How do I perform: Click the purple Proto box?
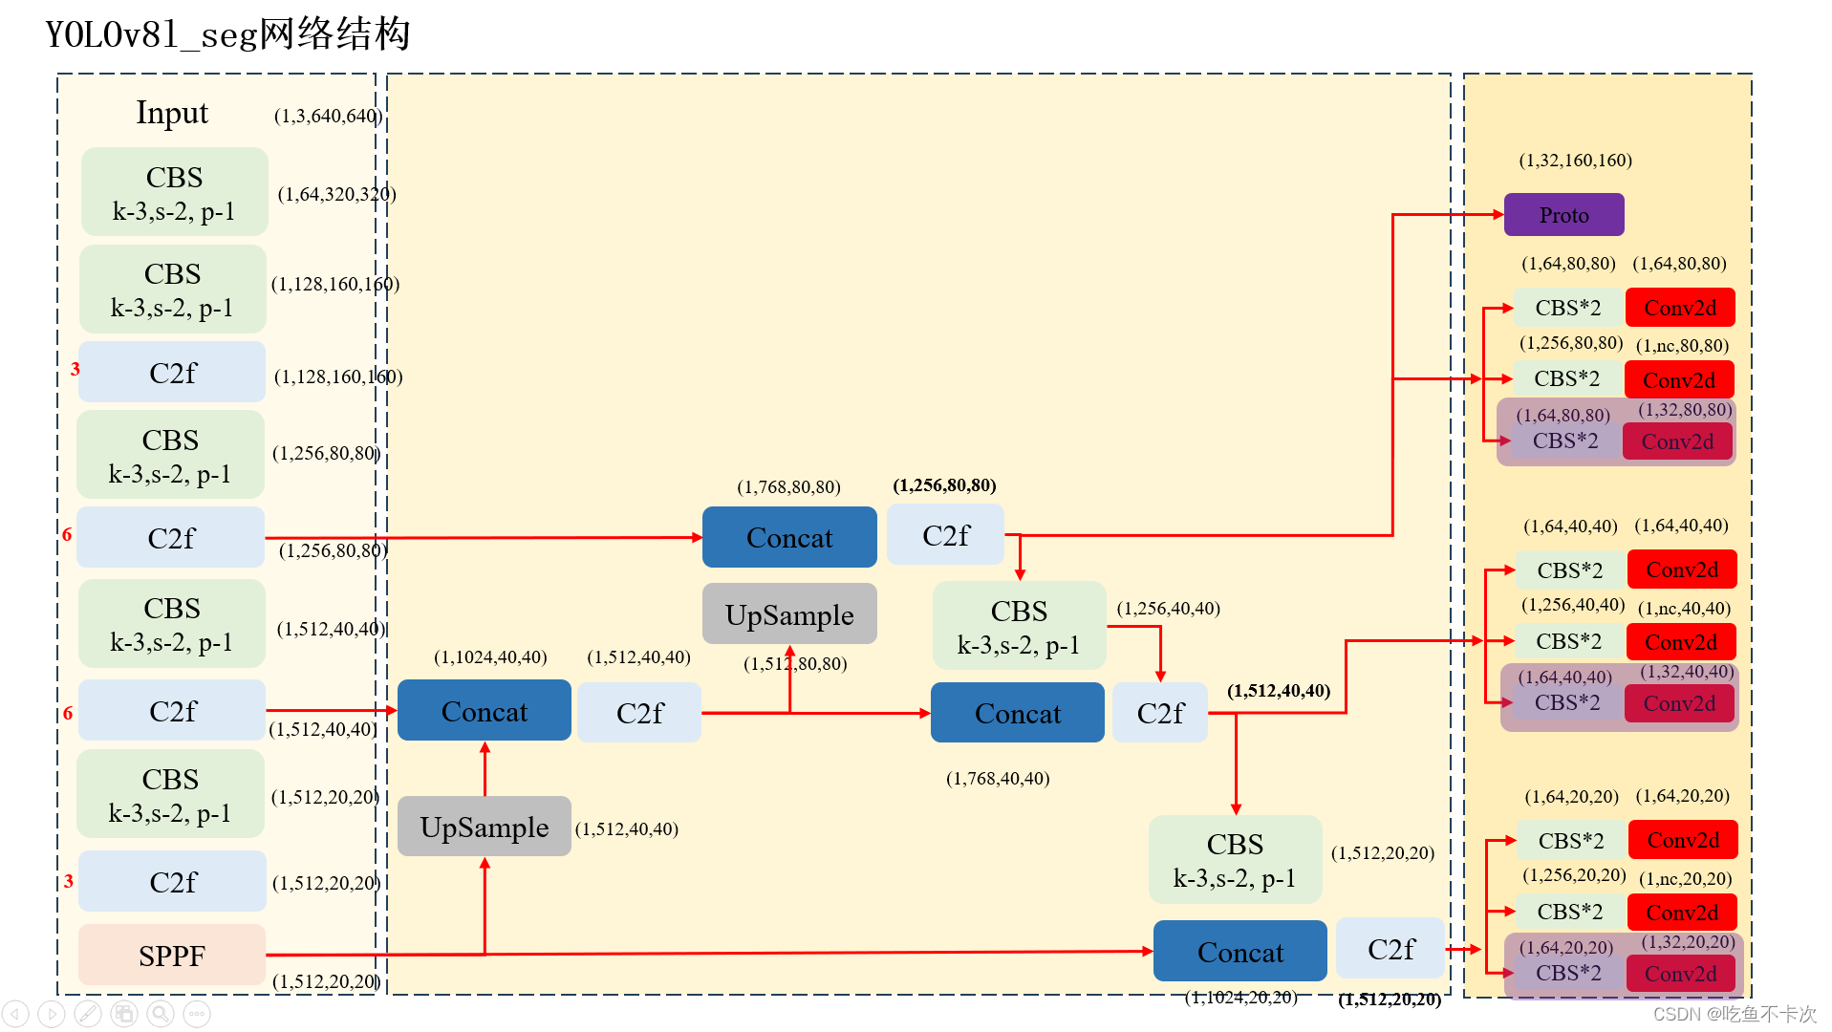pos(1563,215)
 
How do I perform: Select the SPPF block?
pos(172,955)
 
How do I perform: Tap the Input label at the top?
pos(172,113)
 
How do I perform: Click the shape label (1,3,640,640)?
pos(328,116)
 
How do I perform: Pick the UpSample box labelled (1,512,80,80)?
pos(789,614)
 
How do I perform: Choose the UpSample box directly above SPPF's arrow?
pos(485,827)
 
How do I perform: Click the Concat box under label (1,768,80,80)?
pos(789,537)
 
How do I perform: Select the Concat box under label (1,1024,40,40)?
pos(485,710)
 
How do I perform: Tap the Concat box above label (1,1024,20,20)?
pos(1240,951)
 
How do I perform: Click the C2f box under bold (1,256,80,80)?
pos(946,535)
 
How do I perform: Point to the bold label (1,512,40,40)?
pos(1279,690)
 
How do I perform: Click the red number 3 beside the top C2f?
pos(75,369)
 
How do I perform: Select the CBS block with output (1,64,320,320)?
pos(175,192)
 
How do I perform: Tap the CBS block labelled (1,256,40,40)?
pos(1020,626)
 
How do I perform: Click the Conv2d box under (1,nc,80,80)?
pos(1679,380)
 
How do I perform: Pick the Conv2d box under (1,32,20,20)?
pos(1681,974)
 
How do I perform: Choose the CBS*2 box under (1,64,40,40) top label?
pos(1570,570)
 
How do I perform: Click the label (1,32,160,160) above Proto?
pos(1576,160)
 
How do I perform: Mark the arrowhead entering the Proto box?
pos(1498,215)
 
